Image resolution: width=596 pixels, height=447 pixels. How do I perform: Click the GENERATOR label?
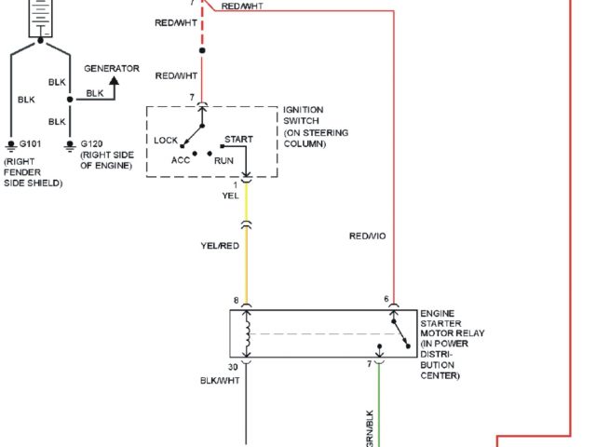click(112, 68)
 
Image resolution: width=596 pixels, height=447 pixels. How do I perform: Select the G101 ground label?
click(31, 143)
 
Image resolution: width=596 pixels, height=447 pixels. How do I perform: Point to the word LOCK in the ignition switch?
click(166, 140)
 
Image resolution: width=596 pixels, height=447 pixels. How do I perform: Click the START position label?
click(238, 139)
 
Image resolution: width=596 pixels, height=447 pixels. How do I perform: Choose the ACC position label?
click(181, 160)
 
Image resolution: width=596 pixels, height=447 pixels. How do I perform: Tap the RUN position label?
click(223, 160)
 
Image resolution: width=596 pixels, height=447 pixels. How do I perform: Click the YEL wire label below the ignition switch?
click(230, 196)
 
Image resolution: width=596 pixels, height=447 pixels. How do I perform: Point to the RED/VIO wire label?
click(367, 236)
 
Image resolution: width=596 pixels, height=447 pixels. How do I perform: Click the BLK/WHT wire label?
click(221, 381)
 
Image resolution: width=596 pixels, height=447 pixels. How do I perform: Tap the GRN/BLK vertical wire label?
click(370, 425)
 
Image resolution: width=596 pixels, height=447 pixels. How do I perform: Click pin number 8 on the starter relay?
click(236, 300)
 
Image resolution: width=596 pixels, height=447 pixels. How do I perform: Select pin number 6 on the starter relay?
click(386, 300)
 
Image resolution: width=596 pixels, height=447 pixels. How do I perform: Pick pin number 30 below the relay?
click(235, 368)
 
